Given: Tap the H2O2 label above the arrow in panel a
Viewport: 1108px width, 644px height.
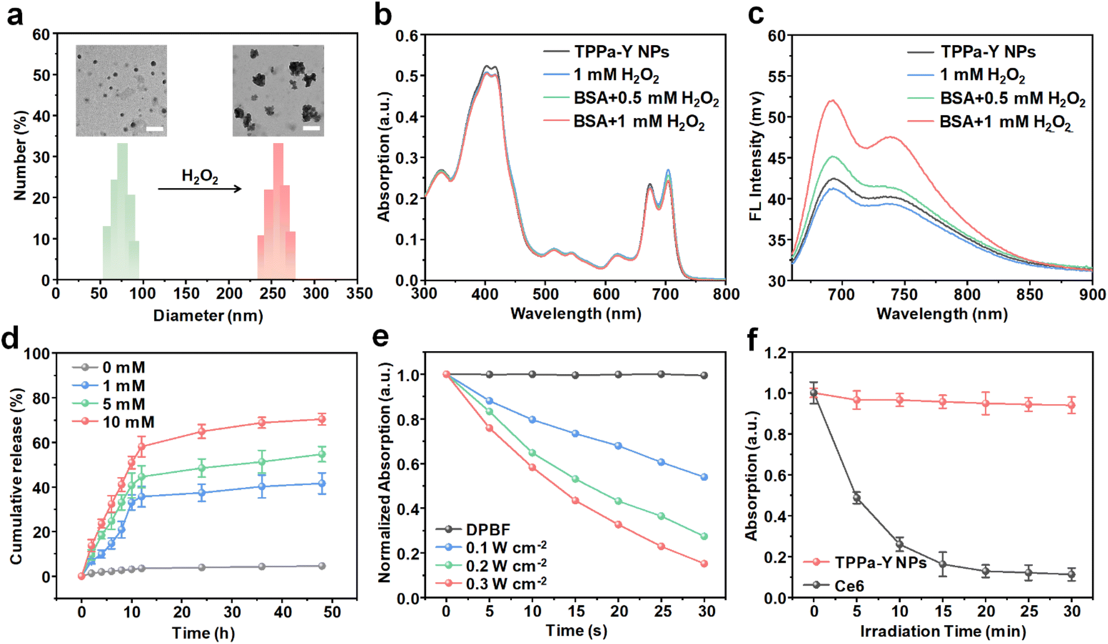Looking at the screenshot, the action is coord(200,176).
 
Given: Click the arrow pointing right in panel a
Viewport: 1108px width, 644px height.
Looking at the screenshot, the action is coord(200,189).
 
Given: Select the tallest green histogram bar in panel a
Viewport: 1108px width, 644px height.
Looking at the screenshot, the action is coord(122,212).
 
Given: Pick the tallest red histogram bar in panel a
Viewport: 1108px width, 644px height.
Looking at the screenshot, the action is coord(278,212).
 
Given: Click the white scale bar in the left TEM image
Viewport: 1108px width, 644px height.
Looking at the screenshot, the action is coord(155,129).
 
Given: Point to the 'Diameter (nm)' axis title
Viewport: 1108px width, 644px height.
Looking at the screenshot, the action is coord(208,316).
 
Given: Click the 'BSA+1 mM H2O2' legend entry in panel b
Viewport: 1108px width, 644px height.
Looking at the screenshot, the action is coord(624,121).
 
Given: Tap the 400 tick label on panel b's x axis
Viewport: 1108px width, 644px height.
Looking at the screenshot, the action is coord(485,293).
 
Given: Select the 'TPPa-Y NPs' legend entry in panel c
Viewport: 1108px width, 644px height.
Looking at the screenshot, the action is coord(972,52).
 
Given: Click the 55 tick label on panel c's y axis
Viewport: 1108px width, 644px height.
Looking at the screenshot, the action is coord(777,76).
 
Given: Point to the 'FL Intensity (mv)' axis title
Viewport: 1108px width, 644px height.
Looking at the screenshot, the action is coord(755,156).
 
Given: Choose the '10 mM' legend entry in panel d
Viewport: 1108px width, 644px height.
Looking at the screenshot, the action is coord(113,422).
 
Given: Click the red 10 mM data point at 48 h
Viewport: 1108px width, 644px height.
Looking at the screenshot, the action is coord(321,419).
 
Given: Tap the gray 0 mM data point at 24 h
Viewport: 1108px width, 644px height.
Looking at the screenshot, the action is coord(201,567).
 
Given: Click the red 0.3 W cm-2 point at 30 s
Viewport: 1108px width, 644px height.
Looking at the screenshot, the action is coord(704,564).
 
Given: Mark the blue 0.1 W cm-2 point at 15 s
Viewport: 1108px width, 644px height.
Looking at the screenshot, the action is coord(576,434).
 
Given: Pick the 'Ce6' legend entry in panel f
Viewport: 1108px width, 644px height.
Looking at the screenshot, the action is coord(834,585).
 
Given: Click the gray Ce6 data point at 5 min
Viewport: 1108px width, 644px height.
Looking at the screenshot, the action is coord(857,498).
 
